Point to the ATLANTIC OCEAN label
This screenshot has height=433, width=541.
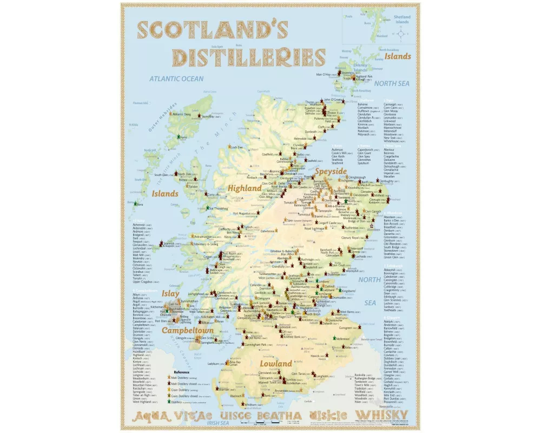(x=177, y=79)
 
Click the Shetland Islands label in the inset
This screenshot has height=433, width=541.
(x=402, y=19)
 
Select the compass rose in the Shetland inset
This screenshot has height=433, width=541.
(x=401, y=34)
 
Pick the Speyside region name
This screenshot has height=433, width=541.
(x=331, y=171)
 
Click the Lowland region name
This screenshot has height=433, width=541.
(x=275, y=364)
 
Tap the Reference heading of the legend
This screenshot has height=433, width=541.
(x=181, y=372)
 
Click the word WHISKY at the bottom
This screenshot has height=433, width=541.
(x=386, y=416)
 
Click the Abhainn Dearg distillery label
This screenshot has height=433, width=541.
(x=181, y=114)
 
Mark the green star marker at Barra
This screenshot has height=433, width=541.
(x=136, y=204)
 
